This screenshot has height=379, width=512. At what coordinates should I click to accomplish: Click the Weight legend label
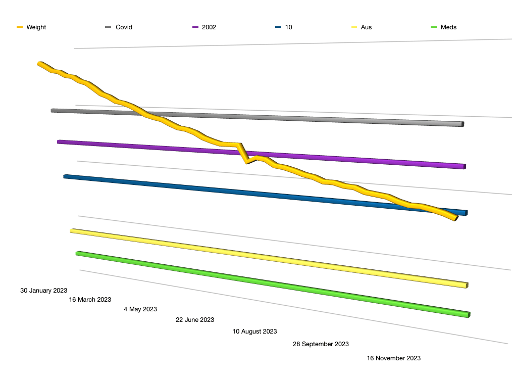(36, 27)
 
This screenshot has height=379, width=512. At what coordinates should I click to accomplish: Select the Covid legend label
(124, 27)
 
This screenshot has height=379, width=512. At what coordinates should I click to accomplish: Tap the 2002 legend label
(209, 27)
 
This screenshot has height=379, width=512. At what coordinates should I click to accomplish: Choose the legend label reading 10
(288, 27)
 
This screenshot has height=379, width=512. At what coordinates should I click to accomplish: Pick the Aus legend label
(366, 27)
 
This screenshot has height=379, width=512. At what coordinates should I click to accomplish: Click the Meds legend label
(448, 27)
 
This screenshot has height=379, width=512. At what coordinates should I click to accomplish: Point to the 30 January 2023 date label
(43, 291)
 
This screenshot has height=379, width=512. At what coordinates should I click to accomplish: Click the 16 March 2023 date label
(90, 300)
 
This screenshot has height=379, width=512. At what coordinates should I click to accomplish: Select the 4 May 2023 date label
(140, 309)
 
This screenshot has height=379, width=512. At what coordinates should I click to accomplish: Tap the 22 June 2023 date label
(195, 320)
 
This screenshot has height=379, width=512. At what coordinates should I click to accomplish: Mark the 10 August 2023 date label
(254, 331)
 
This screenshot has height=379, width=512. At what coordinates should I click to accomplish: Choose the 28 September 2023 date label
(321, 344)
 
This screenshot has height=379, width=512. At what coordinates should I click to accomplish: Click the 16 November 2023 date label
(393, 358)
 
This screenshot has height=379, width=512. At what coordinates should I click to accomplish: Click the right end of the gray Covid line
(462, 124)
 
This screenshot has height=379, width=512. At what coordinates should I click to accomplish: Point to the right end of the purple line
(464, 166)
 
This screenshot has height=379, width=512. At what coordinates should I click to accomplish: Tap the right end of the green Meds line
(468, 315)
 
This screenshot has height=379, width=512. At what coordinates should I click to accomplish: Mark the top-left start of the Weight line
(39, 64)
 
